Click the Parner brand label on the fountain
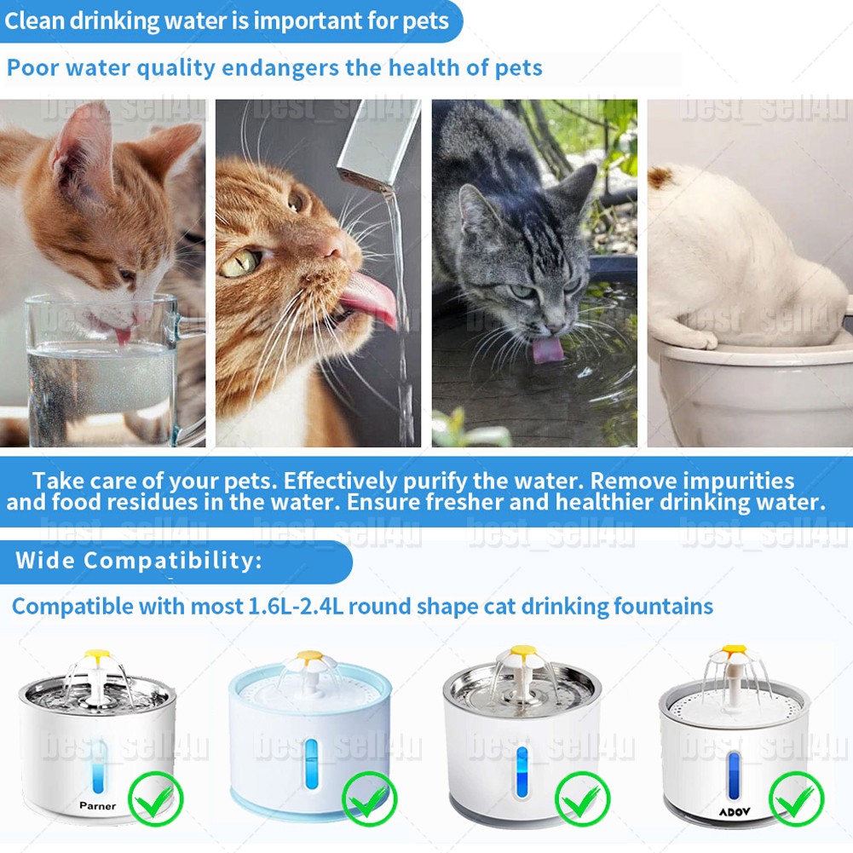[x=97, y=805]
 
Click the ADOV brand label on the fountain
[x=733, y=812]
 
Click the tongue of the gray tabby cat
[x=543, y=349]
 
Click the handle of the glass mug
[x=191, y=366]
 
